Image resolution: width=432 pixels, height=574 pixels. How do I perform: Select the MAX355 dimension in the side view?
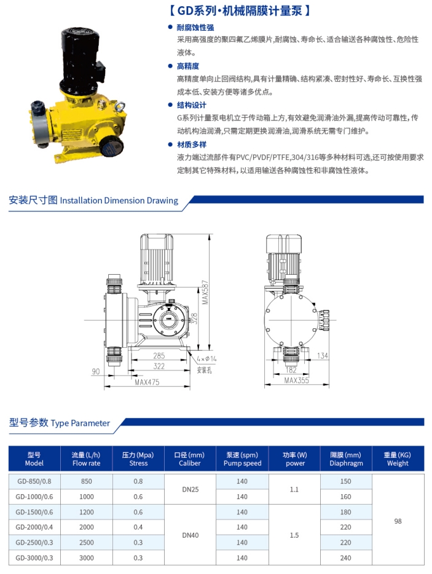(x=297, y=380)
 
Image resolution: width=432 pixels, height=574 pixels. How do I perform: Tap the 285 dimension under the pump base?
(x=159, y=355)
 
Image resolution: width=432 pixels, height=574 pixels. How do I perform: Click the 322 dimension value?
(x=159, y=366)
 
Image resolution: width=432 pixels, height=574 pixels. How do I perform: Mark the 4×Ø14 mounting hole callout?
(x=206, y=358)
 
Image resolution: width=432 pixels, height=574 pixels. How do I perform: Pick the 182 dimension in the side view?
(x=291, y=369)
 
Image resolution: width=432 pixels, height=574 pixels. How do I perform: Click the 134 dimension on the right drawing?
(x=323, y=356)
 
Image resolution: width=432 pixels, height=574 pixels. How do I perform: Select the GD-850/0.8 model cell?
(x=34, y=481)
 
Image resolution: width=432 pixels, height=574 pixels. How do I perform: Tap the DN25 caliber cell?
(x=190, y=489)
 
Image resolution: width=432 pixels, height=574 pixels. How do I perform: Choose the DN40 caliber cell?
(x=190, y=535)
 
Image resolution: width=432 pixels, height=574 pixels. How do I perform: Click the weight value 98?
(x=398, y=520)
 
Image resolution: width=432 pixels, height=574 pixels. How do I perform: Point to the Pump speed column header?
(x=242, y=459)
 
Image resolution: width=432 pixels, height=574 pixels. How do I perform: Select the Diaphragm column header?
(x=346, y=459)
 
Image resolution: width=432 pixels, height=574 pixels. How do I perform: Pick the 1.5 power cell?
(x=294, y=535)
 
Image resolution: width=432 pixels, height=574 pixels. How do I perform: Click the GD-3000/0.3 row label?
(x=34, y=557)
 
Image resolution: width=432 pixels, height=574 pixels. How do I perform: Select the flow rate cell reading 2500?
(x=87, y=542)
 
